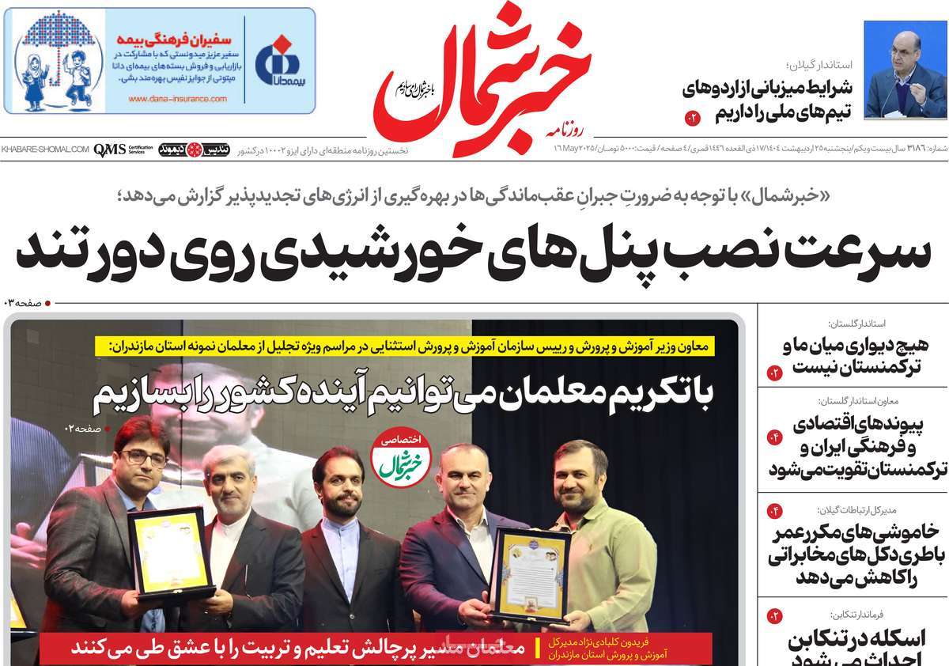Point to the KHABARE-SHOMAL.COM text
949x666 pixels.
(45, 149)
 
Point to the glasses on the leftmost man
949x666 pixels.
(145, 458)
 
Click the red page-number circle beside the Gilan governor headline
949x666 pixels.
(693, 119)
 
